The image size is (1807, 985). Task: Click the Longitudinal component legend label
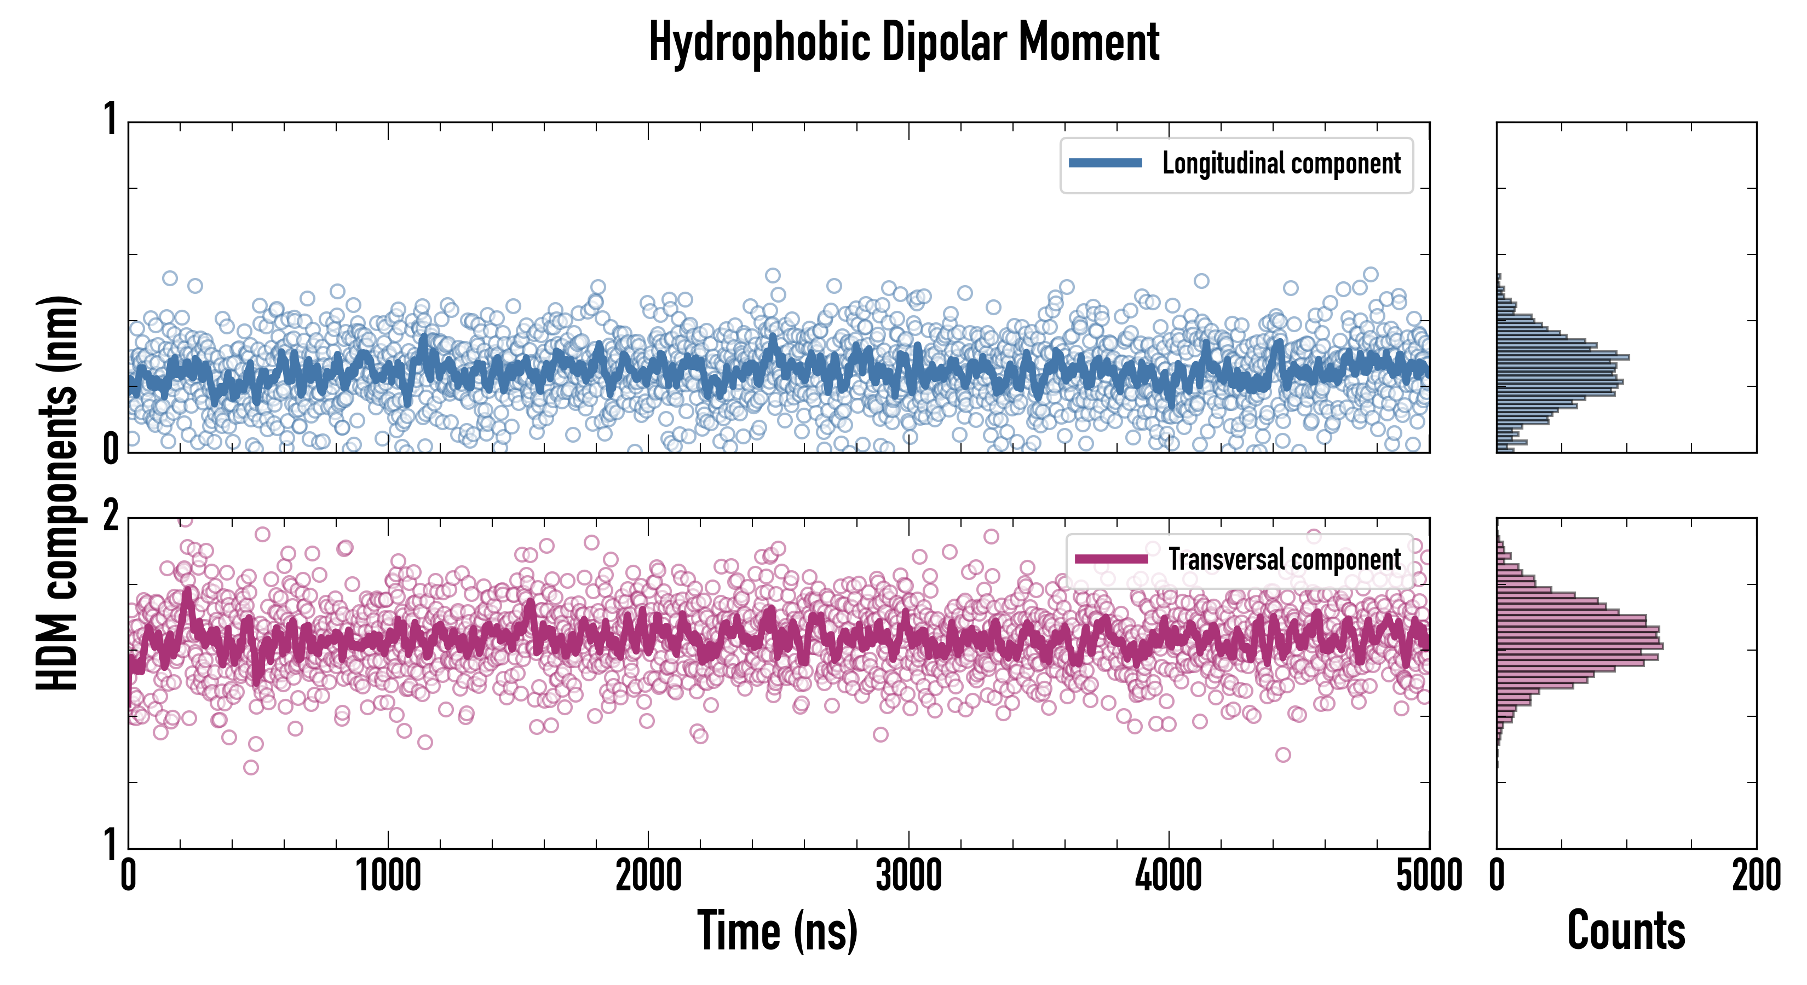point(1281,164)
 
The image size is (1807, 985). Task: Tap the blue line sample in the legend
point(1105,164)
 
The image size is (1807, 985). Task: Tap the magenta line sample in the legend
point(1111,559)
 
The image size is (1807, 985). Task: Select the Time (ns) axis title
point(777,930)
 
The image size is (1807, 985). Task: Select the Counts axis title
point(1626,930)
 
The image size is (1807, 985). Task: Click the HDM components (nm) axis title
point(57,493)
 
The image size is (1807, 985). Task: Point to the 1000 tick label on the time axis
point(388,876)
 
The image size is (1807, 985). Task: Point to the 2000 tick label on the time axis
point(648,876)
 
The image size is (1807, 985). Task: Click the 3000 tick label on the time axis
point(908,876)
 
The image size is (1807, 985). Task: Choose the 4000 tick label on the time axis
point(1169,876)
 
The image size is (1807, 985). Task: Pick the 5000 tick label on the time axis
point(1429,876)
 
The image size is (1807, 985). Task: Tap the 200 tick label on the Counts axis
point(1756,876)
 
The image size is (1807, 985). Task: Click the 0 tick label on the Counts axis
point(1497,876)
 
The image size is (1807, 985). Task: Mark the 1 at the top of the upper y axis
point(110,119)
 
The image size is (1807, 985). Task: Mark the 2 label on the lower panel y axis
point(110,517)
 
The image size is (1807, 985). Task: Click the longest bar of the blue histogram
point(1563,357)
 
